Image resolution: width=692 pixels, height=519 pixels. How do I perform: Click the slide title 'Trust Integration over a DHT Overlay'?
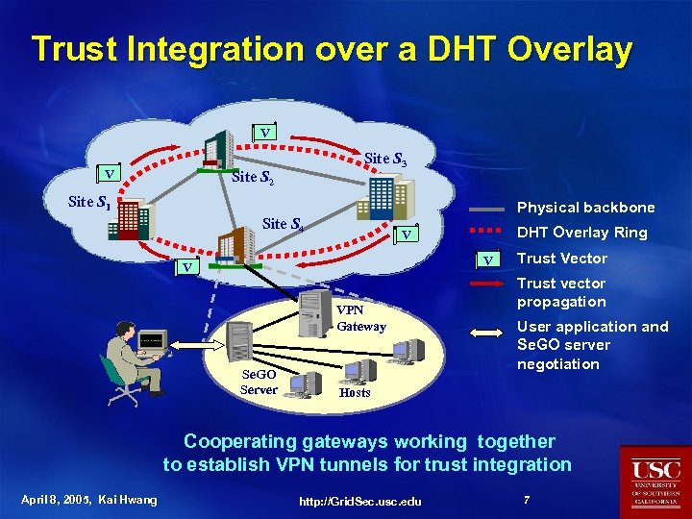332,50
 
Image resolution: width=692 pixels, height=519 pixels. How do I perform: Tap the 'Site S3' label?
386,159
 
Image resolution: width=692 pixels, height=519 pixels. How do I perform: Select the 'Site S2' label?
254,178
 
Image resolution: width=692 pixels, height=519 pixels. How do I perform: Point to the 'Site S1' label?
89,203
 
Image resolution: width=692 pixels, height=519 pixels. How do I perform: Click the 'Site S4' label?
284,224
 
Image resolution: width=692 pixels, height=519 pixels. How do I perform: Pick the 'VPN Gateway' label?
361,318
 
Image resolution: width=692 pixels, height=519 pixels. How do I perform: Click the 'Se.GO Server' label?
259,382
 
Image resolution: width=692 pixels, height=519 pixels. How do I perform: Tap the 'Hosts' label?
355,392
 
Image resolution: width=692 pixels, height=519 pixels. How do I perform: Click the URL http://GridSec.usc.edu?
360,501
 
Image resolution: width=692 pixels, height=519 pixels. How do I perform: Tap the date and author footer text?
88,499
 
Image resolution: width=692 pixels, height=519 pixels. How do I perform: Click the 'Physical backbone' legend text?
585,208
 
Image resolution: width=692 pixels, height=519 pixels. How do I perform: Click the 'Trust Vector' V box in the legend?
490,259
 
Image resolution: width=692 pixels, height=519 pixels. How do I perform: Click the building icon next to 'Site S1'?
129,220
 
